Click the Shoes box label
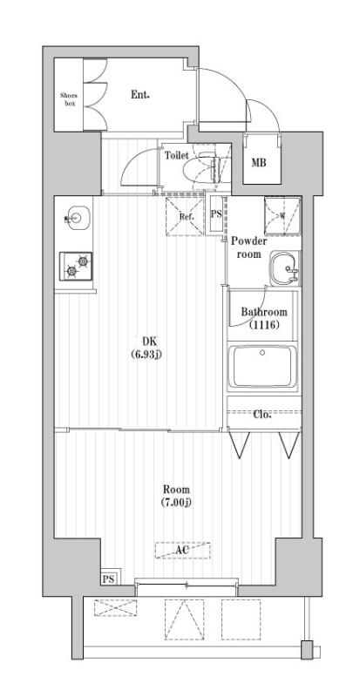point(69,97)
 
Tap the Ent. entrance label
point(139,94)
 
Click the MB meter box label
point(259,162)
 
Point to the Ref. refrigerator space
point(185,215)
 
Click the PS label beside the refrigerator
point(216,214)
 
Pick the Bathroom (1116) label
point(263,318)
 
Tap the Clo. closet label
point(262,415)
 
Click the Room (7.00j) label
point(175,496)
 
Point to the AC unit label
point(182,551)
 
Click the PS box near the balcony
point(109,579)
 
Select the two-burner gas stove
point(75,265)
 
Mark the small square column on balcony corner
point(305,648)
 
